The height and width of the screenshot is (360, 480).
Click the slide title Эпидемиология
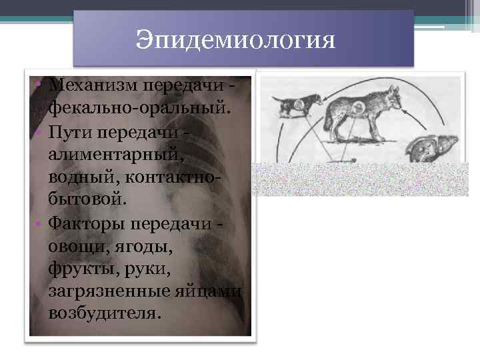234,41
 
